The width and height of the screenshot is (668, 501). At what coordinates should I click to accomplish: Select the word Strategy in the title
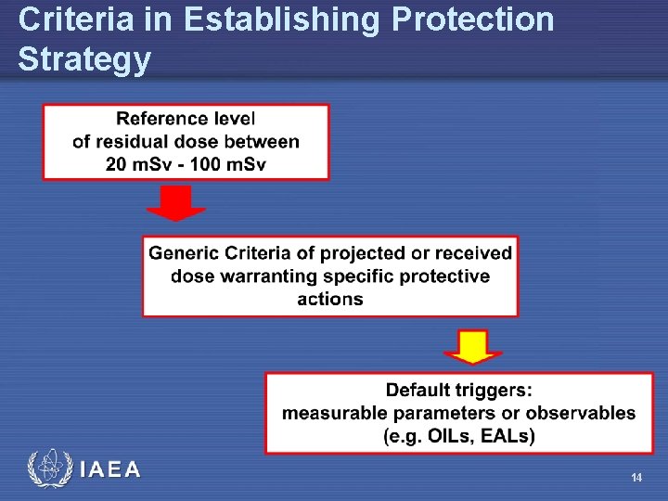point(83,59)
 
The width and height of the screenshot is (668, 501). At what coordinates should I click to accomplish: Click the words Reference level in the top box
point(186,119)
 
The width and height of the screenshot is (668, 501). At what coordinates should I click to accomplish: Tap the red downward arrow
point(176,203)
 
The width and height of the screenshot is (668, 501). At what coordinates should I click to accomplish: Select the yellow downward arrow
point(473,346)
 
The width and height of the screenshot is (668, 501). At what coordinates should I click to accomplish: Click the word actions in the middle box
point(330,299)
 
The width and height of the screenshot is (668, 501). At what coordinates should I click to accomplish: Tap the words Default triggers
point(459,390)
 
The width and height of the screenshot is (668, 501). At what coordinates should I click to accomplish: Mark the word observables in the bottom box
point(581,413)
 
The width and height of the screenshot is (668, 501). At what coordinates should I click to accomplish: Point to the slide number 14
point(636,477)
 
